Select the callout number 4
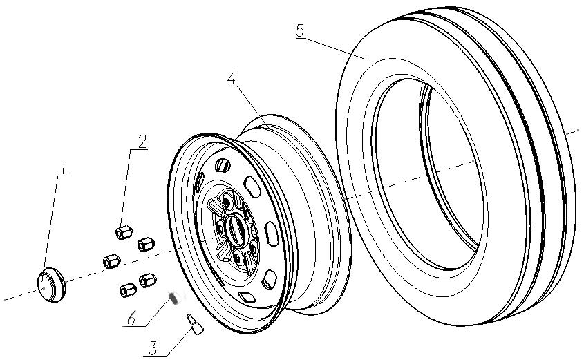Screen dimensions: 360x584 click(233, 78)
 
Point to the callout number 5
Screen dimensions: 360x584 click(299, 32)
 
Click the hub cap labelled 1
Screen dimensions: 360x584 click(48, 282)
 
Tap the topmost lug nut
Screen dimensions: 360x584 click(124, 231)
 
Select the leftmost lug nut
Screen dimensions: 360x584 click(111, 261)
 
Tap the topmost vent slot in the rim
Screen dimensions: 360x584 click(222, 166)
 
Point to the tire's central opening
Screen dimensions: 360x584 click(428, 173)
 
